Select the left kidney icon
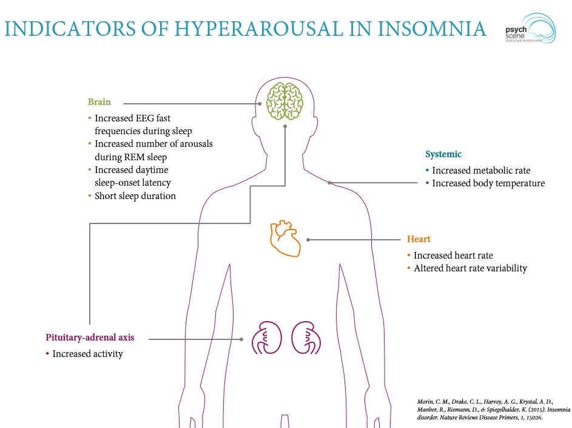tap(264, 338)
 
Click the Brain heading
tap(99, 102)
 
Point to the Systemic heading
tap(443, 154)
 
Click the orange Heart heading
tap(419, 239)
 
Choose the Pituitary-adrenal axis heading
tap(90, 338)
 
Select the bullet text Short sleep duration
tap(135, 196)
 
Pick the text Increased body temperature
tap(488, 183)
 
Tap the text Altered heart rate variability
tap(470, 268)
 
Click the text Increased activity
tap(87, 354)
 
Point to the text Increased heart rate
tap(453, 256)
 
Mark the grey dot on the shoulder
tap(329, 183)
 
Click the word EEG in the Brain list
tap(147, 118)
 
